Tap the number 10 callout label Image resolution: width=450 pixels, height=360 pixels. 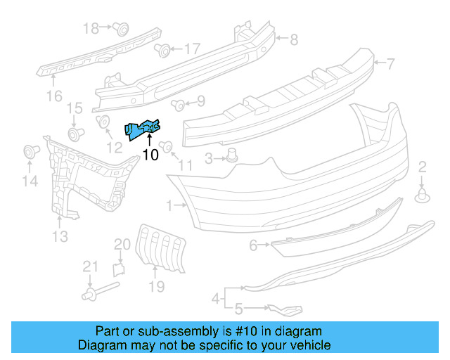pos(150,155)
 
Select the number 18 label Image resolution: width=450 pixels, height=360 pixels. pos(91,28)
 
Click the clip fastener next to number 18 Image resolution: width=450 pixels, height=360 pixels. pos(121,29)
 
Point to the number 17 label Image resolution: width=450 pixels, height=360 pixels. pos(191,49)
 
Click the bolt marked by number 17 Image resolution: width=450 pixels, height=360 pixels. pos(162,50)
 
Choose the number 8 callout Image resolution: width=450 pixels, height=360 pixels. pos(294,39)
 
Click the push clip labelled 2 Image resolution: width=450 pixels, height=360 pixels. pos(422,195)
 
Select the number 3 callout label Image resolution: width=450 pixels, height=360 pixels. pos(209,160)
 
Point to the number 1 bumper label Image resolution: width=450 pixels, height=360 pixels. pos(169,206)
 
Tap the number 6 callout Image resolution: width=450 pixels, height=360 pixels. pos(253,245)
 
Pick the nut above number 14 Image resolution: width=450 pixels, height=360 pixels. pos(30,150)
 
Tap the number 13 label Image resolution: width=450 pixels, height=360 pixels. pos(60,237)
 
